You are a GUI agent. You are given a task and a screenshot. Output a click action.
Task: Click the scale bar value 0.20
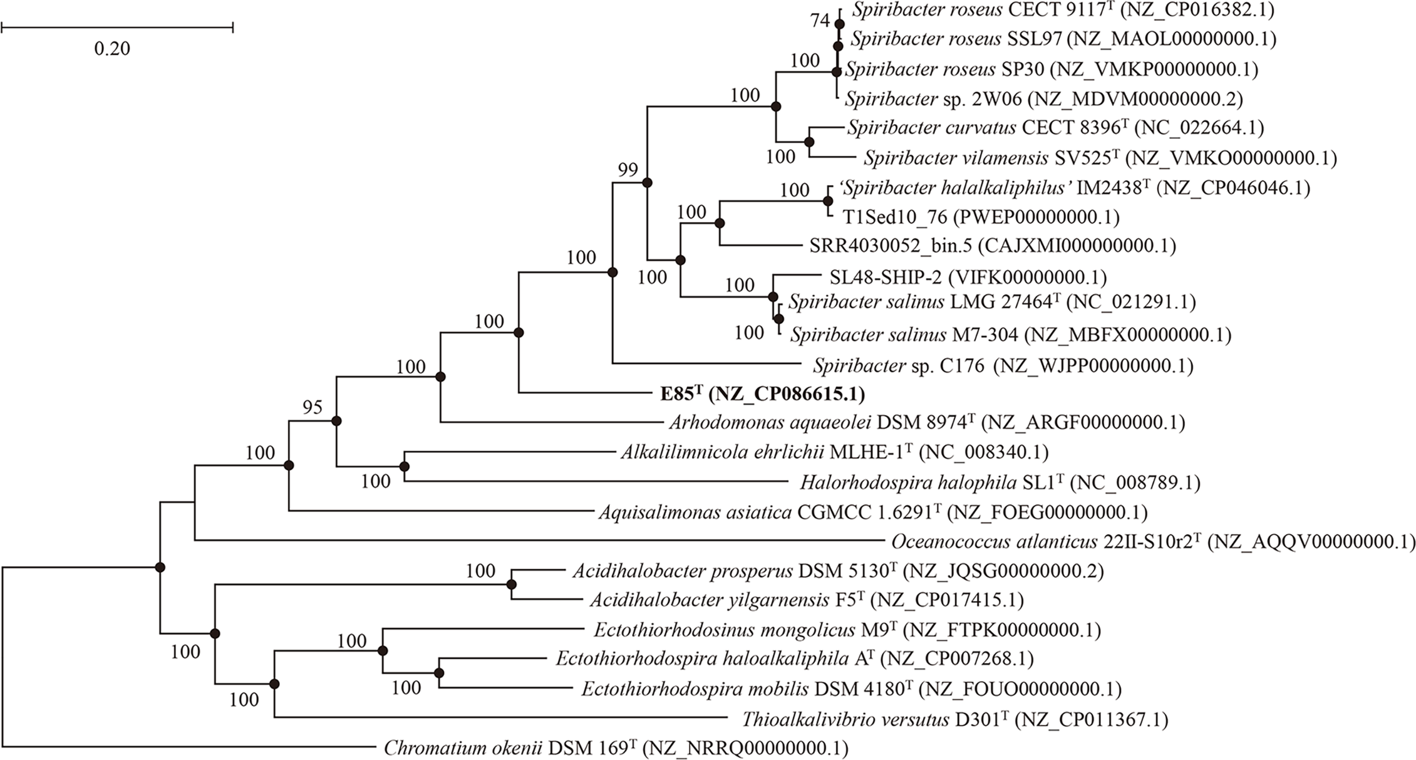[112, 49]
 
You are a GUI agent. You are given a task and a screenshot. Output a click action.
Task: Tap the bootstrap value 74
[820, 21]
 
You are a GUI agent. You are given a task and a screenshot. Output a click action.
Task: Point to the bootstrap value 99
[627, 170]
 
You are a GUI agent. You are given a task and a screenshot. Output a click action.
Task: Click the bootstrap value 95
[312, 407]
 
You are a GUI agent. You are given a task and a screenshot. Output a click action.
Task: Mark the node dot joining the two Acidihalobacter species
[511, 585]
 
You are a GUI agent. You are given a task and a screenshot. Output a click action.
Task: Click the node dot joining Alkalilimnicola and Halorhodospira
[404, 467]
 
